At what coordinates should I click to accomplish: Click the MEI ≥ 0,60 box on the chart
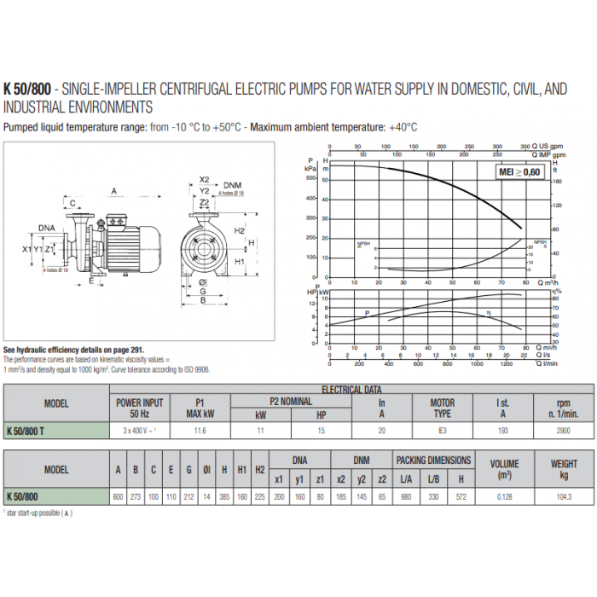pos(519,172)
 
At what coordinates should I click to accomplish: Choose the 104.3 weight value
pos(563,496)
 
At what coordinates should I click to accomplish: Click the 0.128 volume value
pos(503,496)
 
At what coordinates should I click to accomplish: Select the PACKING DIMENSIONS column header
pos(433,460)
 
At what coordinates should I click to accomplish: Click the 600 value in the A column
pos(118,496)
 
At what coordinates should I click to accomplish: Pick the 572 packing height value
pos(461,496)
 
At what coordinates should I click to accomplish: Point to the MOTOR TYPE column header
pos(442,407)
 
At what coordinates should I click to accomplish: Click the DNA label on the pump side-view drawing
pos(48,228)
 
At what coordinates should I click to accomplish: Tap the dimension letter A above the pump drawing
pos(113,191)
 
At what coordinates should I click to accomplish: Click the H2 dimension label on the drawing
pos(240,231)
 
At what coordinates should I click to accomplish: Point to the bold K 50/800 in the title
pos(27,87)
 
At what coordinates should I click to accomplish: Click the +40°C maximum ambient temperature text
pos(403,127)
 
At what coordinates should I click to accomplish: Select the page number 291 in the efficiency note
pos(136,351)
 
